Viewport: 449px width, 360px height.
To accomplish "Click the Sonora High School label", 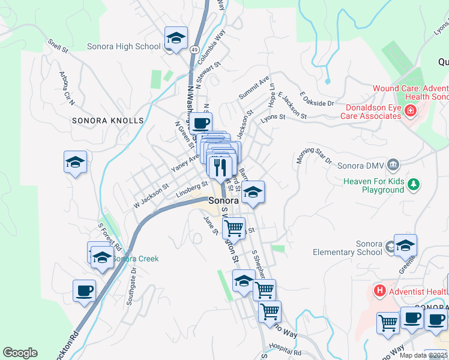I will pyautogui.click(x=124, y=46).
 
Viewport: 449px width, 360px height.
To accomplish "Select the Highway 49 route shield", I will pyautogui.click(x=196, y=53).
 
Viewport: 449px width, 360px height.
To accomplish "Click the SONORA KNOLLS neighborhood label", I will pyautogui.click(x=108, y=121).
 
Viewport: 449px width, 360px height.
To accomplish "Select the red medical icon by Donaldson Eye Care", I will pyautogui.click(x=411, y=110).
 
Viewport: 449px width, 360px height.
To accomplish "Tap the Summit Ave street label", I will pyautogui.click(x=253, y=88).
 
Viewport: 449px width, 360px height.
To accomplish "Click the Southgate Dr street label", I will pyautogui.click(x=133, y=286).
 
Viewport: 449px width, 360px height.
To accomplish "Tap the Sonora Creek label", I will pyautogui.click(x=136, y=259).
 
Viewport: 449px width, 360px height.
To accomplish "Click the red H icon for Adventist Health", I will pyautogui.click(x=379, y=292).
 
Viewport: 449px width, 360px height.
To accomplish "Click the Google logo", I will pyautogui.click(x=20, y=353).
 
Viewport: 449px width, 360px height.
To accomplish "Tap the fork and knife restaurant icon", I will pyautogui.click(x=220, y=166).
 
